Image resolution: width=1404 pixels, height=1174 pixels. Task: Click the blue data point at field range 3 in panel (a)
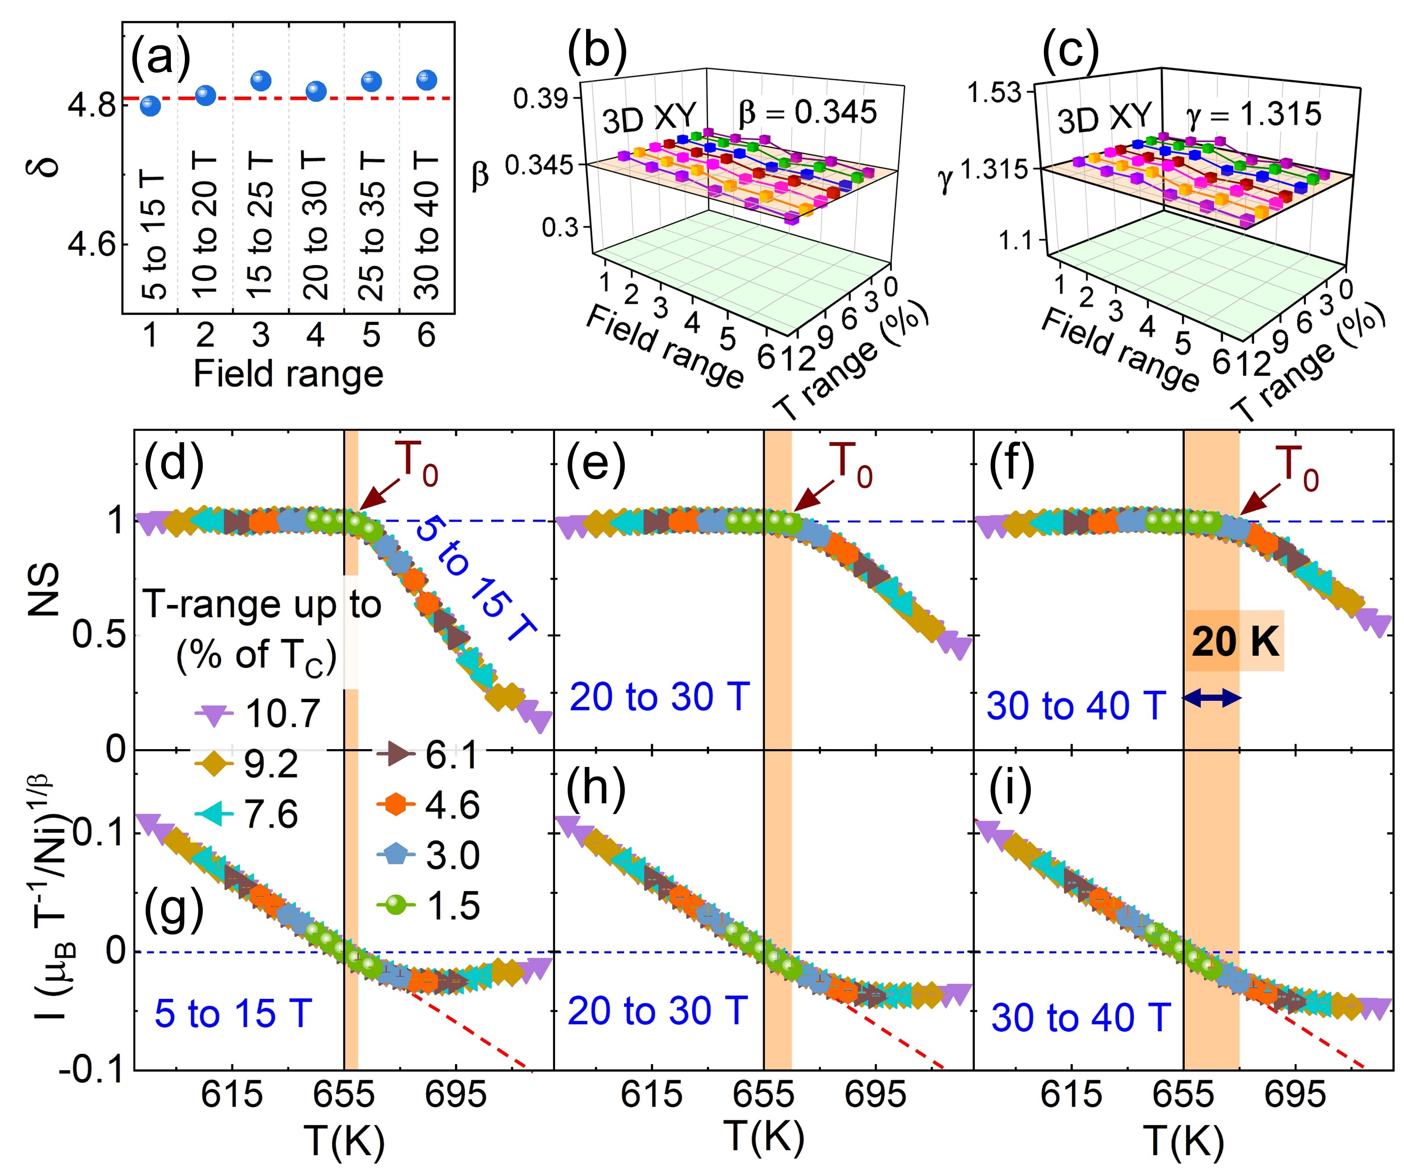coord(261,81)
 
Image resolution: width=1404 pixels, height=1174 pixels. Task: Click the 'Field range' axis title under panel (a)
coord(288,374)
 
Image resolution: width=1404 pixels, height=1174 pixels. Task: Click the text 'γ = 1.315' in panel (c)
coord(1253,114)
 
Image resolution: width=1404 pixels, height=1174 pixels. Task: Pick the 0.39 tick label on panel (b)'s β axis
coord(540,99)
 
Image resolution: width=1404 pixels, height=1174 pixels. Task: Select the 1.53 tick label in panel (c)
coord(994,92)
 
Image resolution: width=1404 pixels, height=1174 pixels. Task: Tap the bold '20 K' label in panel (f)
coord(1235,642)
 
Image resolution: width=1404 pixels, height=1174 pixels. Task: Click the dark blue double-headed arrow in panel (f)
coord(1212,699)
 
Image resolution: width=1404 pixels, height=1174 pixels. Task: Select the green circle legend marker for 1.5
coord(396,906)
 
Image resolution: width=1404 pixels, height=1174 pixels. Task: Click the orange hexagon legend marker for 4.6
coord(396,804)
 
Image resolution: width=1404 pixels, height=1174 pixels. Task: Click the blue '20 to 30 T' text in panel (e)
coord(659,697)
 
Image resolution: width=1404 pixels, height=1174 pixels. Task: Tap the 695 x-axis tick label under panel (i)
coord(1295,1095)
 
